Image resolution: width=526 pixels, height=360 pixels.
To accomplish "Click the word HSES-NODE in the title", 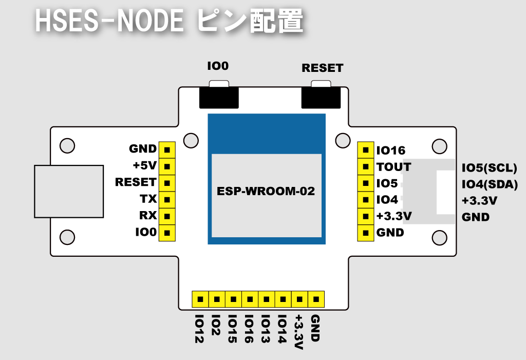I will pyautogui.click(x=109, y=22).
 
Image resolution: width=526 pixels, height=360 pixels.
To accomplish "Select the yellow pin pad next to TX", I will pyautogui.click(x=166, y=199).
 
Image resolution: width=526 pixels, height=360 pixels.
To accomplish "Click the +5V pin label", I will pyautogui.click(x=144, y=166).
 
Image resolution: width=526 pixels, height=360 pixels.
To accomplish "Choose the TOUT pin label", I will pyautogui.click(x=393, y=167).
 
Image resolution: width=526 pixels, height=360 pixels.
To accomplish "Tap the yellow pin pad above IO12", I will pyautogui.click(x=200, y=298).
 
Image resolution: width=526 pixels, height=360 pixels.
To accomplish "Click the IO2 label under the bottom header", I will pyautogui.click(x=216, y=326).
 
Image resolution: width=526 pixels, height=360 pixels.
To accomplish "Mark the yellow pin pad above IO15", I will pyautogui.click(x=233, y=298).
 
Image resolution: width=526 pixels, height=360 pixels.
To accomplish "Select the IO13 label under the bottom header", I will pyautogui.click(x=266, y=329).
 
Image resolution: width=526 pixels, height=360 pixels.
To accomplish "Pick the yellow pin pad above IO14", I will pyautogui.click(x=283, y=298).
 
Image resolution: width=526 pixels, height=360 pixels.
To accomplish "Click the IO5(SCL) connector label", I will pyautogui.click(x=489, y=168).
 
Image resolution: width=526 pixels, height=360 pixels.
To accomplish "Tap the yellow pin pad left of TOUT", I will pyautogui.click(x=365, y=167).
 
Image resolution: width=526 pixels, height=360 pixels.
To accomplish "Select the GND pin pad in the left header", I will pyautogui.click(x=166, y=149).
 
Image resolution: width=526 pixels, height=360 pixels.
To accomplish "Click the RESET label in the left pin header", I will pyautogui.click(x=136, y=182).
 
